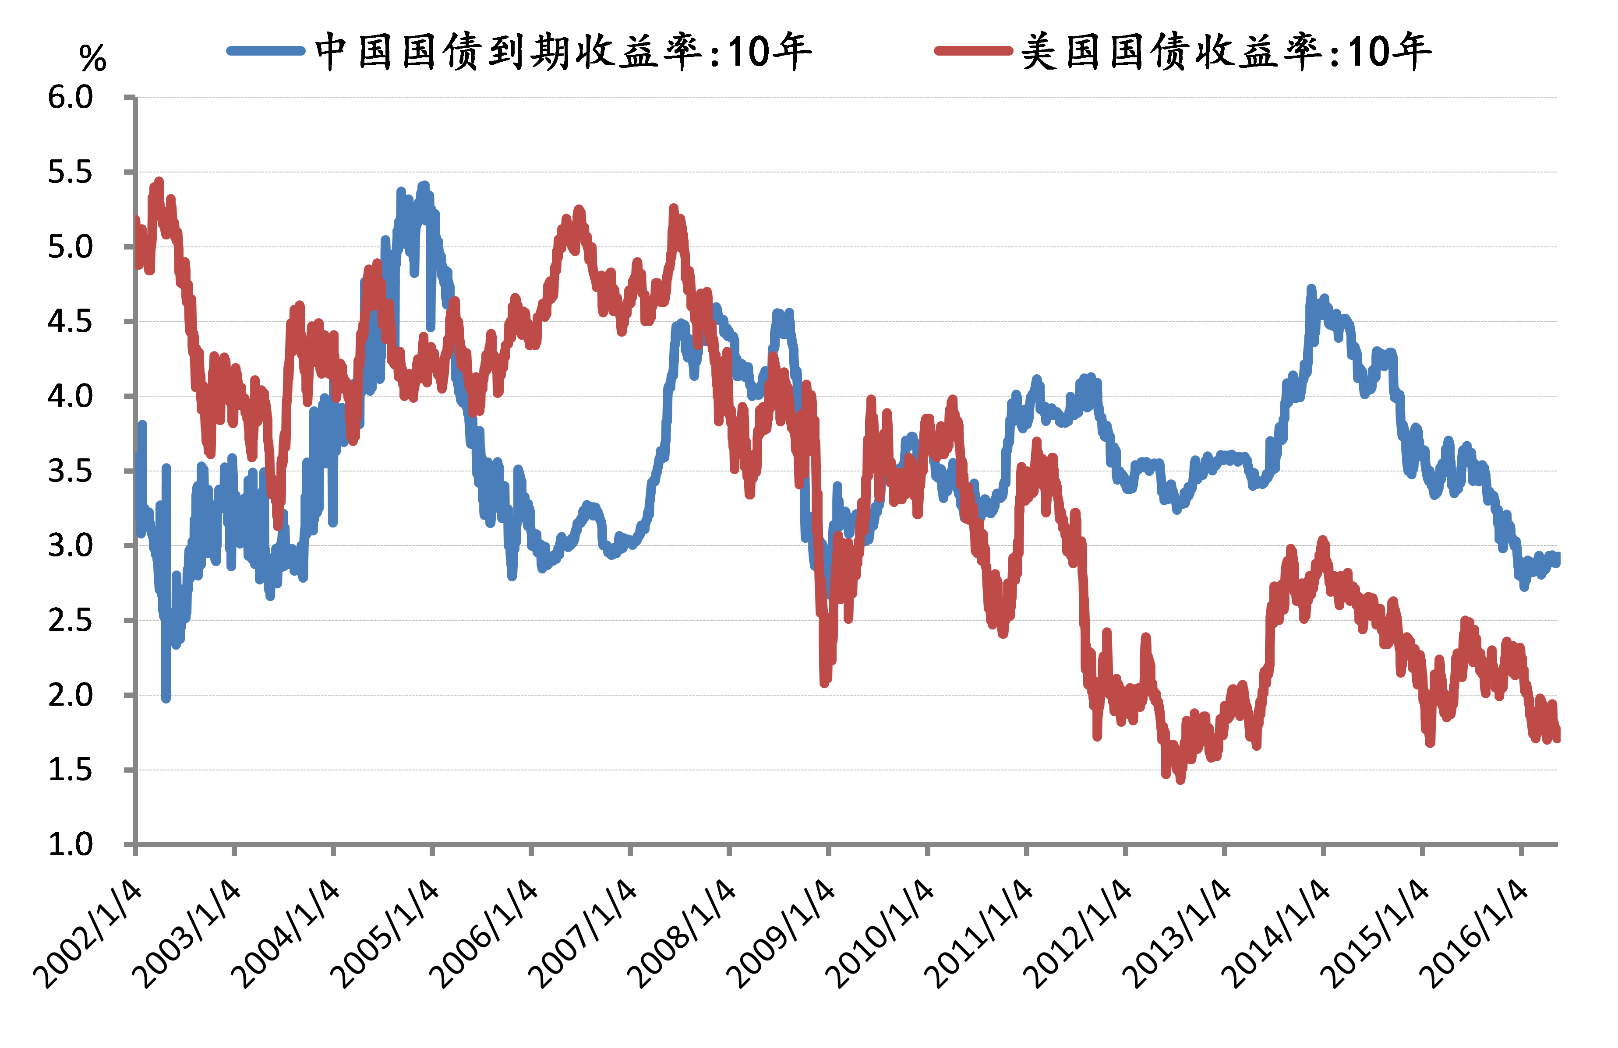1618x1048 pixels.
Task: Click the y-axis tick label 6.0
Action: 70,98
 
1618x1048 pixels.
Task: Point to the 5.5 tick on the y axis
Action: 70,172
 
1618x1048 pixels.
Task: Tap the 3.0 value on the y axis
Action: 70,546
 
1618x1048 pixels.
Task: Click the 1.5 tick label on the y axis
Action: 70,770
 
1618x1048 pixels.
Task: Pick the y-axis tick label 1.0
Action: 70,845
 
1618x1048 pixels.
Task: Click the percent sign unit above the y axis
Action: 92,59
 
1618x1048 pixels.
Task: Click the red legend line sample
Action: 974,51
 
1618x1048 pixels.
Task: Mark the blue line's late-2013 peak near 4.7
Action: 1311,289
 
